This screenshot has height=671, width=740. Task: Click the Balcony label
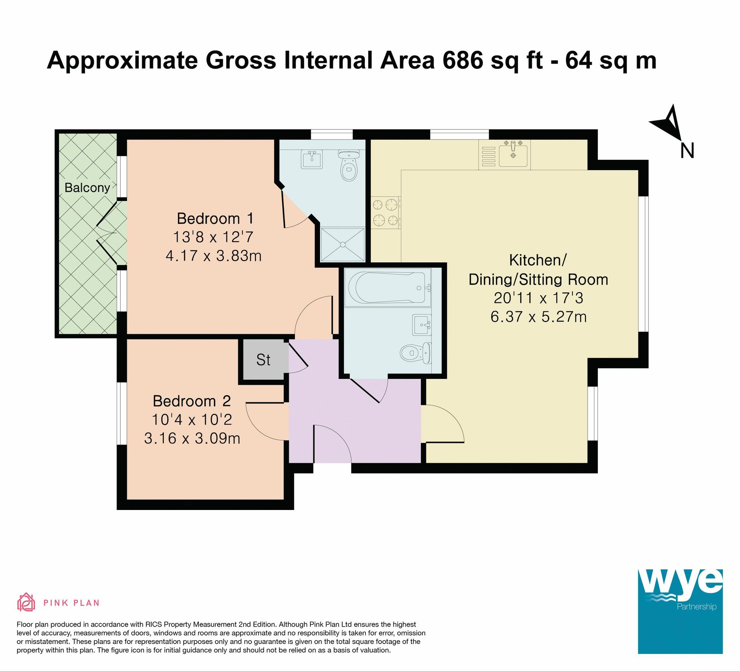coord(87,188)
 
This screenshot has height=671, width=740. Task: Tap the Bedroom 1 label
coord(215,218)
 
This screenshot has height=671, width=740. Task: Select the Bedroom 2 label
coord(192,401)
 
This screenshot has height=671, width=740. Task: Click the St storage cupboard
coord(263,360)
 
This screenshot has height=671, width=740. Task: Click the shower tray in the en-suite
coord(343,245)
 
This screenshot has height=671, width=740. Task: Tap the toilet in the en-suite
coord(349,165)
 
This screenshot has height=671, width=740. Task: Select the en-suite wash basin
coord(312,159)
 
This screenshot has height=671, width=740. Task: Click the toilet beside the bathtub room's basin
coord(416,353)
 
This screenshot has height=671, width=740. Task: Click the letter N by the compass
coord(687,151)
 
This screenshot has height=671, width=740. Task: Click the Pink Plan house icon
coord(26,602)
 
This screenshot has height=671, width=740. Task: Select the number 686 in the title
coord(463,60)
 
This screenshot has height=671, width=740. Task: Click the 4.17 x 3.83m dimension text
coord(214,256)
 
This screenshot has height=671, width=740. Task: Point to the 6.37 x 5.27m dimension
coord(538,317)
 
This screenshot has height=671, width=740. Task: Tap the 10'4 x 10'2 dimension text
coord(192,420)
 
